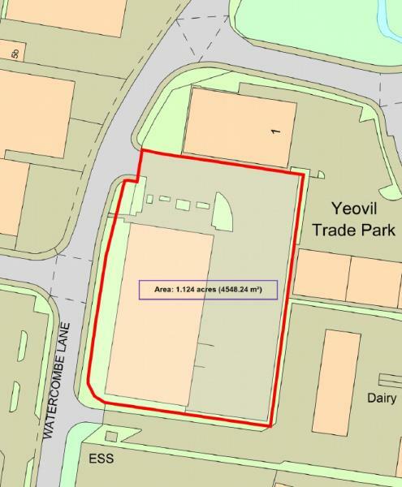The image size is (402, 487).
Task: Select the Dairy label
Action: [x=381, y=398]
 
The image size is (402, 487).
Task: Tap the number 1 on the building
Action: [x=276, y=129]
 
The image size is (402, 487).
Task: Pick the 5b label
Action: [x=15, y=54]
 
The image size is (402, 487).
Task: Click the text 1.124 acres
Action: [x=195, y=290]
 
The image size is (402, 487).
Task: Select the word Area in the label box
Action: [x=162, y=290]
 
